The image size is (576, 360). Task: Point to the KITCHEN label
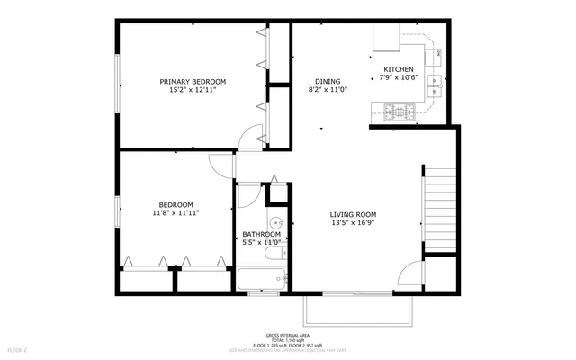coord(399,70)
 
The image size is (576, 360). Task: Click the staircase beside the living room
coord(440,203)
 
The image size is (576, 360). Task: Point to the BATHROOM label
coord(262,235)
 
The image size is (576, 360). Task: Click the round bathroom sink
coord(277,223)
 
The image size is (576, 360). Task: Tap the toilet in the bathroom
coord(278,192)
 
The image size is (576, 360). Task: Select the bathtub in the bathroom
coord(262,279)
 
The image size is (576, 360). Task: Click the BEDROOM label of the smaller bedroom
coord(175,204)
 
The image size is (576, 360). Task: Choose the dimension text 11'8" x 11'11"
coord(175,213)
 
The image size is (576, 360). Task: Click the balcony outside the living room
coord(358,310)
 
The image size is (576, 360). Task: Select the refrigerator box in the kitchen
coord(388,37)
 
